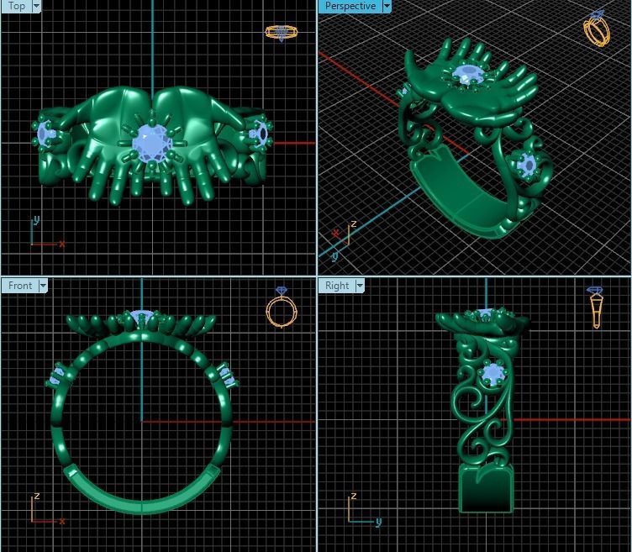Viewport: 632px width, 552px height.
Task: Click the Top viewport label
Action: [15, 6]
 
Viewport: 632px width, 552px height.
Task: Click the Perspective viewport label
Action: [350, 6]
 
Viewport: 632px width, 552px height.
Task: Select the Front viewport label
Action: [20, 286]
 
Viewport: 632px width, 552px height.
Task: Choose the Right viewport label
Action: [336, 286]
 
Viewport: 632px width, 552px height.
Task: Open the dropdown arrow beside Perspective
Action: [387, 6]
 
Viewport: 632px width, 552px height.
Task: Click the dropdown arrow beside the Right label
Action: [360, 286]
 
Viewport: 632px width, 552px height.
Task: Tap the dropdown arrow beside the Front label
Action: [43, 286]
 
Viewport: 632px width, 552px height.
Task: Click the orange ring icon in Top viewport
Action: [281, 32]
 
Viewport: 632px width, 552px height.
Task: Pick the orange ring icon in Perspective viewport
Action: [597, 29]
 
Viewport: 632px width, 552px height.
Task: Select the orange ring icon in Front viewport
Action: [280, 308]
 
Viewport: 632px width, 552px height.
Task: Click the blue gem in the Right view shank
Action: [492, 373]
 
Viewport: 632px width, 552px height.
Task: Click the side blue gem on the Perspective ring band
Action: [527, 165]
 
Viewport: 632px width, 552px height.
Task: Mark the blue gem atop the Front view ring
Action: [140, 317]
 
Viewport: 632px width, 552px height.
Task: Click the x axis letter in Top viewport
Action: [61, 244]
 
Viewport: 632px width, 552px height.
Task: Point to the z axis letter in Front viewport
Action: [36, 497]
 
